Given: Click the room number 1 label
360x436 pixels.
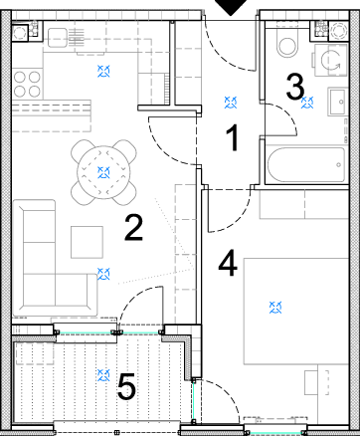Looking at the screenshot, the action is [x=233, y=137].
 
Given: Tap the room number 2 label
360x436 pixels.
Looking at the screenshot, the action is [x=133, y=227].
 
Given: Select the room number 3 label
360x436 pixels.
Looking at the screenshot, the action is [x=294, y=87].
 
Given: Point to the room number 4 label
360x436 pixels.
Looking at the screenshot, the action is [x=228, y=263].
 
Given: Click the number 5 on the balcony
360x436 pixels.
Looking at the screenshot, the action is [x=126, y=386].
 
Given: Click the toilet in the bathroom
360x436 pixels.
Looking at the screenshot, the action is [x=287, y=45].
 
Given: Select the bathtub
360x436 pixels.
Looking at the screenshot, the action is [x=306, y=164].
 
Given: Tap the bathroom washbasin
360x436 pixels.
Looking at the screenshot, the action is [x=338, y=102].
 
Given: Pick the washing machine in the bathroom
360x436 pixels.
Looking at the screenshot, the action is [x=330, y=60].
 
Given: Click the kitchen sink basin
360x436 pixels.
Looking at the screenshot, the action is [x=58, y=38].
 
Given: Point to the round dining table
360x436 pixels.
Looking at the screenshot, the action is [x=103, y=172].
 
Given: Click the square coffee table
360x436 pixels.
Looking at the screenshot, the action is [x=87, y=242].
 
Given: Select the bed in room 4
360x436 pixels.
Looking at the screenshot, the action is [x=296, y=311].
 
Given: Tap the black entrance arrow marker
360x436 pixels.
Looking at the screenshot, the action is [x=232, y=7].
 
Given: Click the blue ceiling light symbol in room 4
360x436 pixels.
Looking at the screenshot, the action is [x=275, y=308].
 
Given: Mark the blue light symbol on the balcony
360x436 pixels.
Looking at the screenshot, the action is [x=103, y=375].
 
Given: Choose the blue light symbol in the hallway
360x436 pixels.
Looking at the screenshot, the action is [x=231, y=103].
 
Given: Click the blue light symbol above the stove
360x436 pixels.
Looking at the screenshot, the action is [x=103, y=72].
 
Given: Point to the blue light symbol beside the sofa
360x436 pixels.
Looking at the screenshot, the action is [x=103, y=274].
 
